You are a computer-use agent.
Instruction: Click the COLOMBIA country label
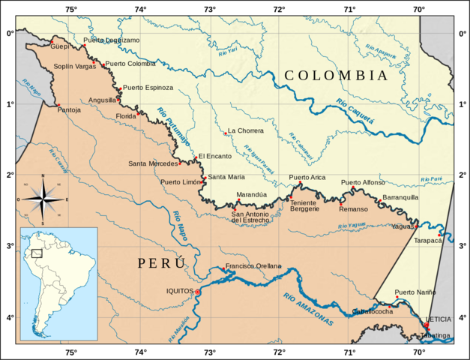(x=336, y=76)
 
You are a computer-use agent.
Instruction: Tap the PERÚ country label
(x=160, y=263)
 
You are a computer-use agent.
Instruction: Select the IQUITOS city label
(x=180, y=291)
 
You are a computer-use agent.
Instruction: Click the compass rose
(x=43, y=199)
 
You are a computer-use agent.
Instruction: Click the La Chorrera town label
(x=246, y=130)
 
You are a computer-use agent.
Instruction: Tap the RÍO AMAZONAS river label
(x=308, y=308)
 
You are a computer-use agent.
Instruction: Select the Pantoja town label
(x=69, y=110)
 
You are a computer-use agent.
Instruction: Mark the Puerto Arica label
(x=307, y=177)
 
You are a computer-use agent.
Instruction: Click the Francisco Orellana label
(x=253, y=266)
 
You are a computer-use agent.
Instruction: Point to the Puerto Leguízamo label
(x=112, y=40)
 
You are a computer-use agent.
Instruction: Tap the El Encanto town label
(x=214, y=156)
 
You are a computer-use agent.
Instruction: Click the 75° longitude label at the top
(x=70, y=9)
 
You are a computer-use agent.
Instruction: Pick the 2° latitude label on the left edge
(x=9, y=175)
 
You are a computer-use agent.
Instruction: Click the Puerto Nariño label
(x=415, y=292)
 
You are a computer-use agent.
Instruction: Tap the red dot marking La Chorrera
(x=225, y=133)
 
